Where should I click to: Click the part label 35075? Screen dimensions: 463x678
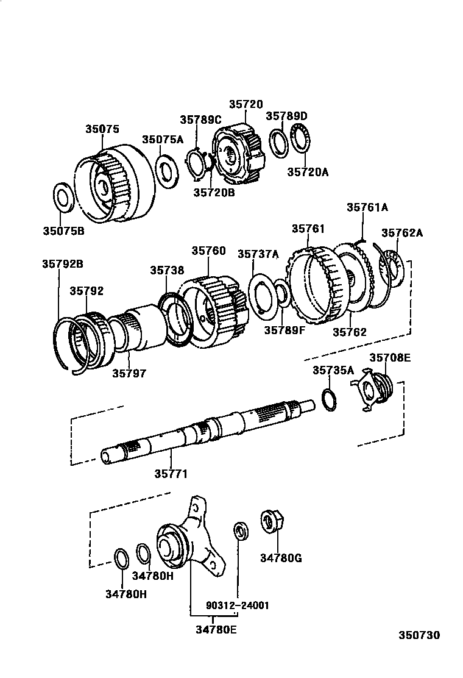tap(102, 129)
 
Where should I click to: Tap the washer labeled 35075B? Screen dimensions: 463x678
tap(63, 198)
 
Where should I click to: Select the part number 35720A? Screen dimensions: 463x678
tap(308, 172)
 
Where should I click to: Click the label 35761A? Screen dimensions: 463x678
tap(367, 207)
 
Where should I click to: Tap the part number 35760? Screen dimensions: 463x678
tap(208, 251)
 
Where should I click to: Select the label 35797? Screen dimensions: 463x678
tap(130, 373)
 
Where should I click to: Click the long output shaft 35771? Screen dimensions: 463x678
tap(207, 432)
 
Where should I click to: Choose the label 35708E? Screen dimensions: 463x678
tap(390, 357)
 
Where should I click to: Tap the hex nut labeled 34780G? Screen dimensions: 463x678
tap(271, 522)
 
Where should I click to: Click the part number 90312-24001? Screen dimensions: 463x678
tap(238, 605)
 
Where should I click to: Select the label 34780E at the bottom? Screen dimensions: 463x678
tap(216, 630)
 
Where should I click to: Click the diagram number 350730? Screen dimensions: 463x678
tap(419, 635)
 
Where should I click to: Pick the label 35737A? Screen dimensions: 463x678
tap(259, 254)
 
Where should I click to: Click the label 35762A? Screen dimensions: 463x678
tap(402, 233)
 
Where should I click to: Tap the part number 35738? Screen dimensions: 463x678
tap(167, 271)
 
